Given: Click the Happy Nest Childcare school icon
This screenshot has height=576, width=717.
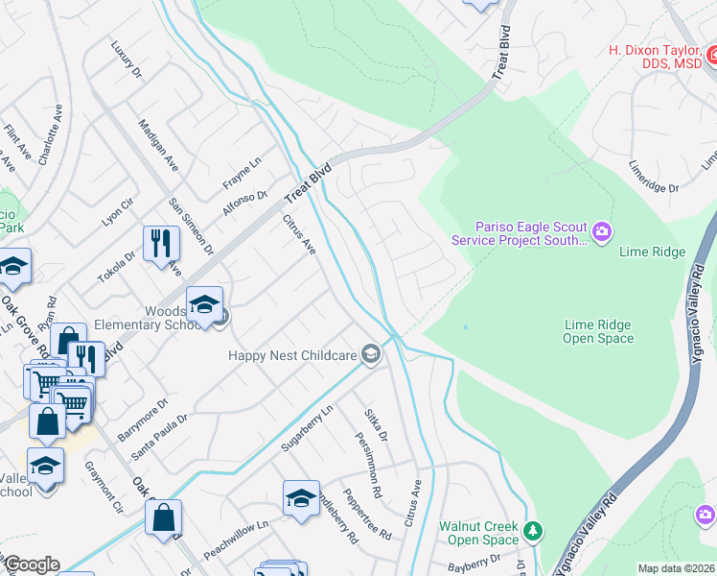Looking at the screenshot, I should [x=370, y=356].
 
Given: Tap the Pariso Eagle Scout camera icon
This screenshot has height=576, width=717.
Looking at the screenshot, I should [x=602, y=229].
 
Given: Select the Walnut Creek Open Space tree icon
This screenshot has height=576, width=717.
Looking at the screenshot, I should [x=533, y=530].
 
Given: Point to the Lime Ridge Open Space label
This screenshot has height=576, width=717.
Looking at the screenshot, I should [x=598, y=331].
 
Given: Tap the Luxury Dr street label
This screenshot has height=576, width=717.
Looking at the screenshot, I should [x=126, y=60].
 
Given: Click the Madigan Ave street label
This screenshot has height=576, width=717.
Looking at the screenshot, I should [x=158, y=145].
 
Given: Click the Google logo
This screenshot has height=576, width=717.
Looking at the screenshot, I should [x=32, y=564].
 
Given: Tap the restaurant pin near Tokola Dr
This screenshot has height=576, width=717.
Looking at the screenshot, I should [x=161, y=244].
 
